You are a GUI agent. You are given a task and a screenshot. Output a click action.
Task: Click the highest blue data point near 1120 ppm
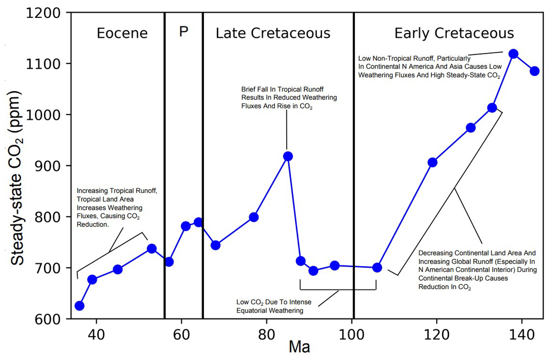click(513, 54)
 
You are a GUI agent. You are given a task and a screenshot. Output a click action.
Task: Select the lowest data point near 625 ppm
click(79, 306)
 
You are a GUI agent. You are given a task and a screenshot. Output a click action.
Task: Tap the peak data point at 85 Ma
click(288, 156)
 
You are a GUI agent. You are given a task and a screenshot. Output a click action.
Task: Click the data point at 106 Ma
click(377, 267)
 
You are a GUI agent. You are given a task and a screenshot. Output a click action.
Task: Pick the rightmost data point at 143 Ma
click(535, 71)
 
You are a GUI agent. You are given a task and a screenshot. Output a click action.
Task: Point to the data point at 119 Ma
click(433, 162)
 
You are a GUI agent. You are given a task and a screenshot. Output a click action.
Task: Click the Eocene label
click(122, 33)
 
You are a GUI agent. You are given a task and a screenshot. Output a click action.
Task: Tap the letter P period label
click(184, 32)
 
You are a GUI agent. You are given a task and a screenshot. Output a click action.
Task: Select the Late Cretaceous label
click(273, 33)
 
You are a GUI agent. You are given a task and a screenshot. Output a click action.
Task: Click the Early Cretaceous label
click(454, 33)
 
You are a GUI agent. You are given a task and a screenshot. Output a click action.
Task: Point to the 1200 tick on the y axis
click(43, 13)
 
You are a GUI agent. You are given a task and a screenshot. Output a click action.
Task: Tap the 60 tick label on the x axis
click(181, 334)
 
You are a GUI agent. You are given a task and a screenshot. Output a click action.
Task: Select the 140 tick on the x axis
click(522, 334)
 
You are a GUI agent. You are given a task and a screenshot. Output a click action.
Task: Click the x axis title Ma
click(299, 347)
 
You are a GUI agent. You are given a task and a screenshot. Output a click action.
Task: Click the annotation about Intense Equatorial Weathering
click(274, 306)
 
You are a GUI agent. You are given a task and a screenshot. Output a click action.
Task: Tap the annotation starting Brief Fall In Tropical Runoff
click(289, 98)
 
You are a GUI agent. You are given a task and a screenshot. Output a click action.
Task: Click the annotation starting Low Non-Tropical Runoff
click(429, 67)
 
